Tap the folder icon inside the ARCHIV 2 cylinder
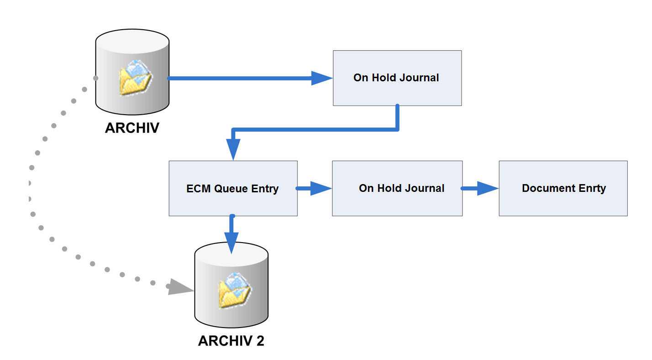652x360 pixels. point(235,290)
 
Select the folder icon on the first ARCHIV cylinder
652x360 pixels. point(135,78)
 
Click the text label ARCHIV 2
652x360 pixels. point(231,341)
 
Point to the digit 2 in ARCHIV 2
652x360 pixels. point(260,341)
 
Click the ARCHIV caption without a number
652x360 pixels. point(132,127)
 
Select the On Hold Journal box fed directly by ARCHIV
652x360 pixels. point(397,78)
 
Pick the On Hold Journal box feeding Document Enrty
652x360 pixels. point(397,188)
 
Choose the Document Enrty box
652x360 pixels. point(563,188)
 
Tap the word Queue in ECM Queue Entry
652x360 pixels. point(231,189)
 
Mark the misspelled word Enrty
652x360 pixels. point(591,188)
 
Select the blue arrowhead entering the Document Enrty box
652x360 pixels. point(488,188)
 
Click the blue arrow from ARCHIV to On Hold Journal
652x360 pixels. point(242,78)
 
